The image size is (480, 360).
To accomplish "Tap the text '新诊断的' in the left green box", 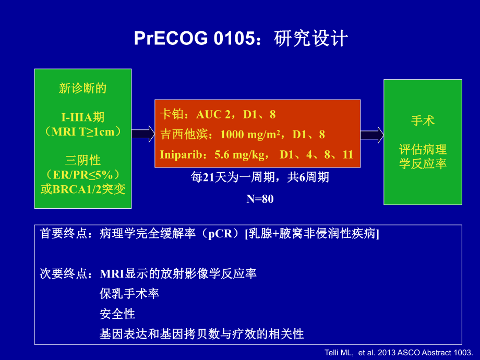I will [83, 89].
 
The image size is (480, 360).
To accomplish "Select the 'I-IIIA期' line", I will [83, 117].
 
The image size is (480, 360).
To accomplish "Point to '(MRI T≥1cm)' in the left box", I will [83, 131].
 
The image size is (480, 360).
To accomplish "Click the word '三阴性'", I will [83, 160].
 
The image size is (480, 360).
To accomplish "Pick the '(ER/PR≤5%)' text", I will [83, 174].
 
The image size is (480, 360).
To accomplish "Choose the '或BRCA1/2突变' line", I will [83, 188].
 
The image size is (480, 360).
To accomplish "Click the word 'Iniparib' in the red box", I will [178, 154].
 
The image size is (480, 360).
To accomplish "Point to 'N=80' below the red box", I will [259, 199].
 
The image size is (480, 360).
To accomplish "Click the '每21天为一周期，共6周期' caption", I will [260, 177].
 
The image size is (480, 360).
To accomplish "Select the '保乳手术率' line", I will [129, 294].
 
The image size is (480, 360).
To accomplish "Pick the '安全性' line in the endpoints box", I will [117, 314].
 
